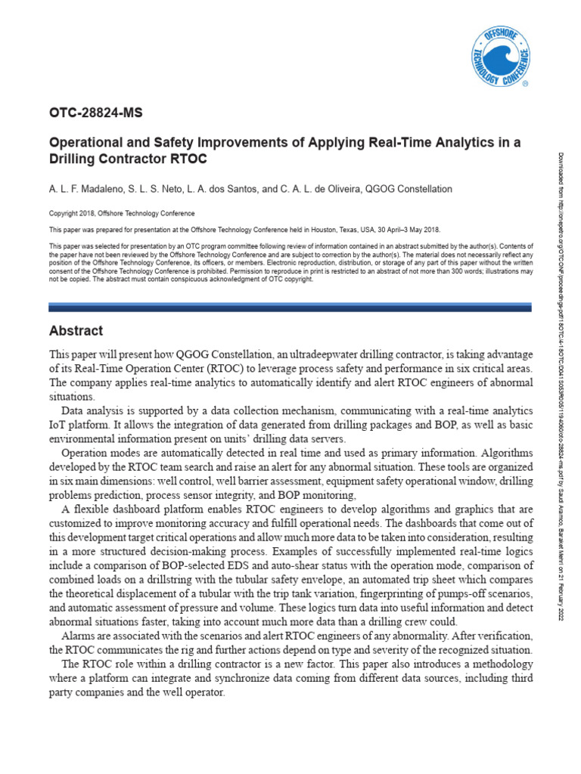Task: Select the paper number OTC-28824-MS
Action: point(95,113)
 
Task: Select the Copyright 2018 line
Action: point(121,214)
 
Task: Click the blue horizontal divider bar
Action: point(290,308)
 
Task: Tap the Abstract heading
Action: point(76,331)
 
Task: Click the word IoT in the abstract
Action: point(57,425)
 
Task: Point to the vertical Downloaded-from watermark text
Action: point(561,302)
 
